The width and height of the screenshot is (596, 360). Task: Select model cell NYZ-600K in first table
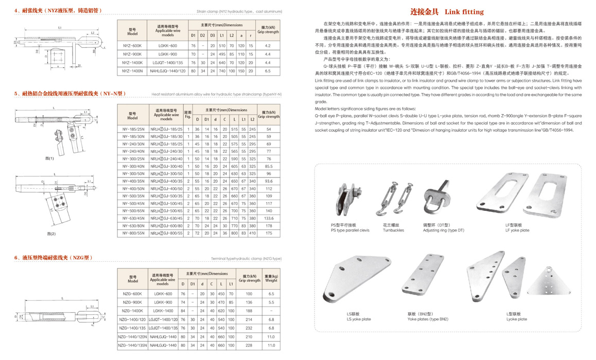[132, 46]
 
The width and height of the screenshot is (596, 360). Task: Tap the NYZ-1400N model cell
[133, 70]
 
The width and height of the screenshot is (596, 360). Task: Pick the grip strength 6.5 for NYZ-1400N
[267, 70]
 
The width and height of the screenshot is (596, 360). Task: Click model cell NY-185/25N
[132, 129]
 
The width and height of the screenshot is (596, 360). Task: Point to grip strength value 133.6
[268, 218]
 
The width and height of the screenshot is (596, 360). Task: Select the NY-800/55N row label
[132, 233]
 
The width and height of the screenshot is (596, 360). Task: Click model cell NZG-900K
[132, 302]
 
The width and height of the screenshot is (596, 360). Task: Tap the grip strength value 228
[249, 345]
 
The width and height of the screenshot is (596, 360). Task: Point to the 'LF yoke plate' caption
[517, 230]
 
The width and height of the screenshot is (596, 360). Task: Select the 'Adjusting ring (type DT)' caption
[443, 230]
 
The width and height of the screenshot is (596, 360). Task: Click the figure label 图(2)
[50, 234]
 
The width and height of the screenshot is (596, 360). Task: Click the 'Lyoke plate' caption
[516, 319]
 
